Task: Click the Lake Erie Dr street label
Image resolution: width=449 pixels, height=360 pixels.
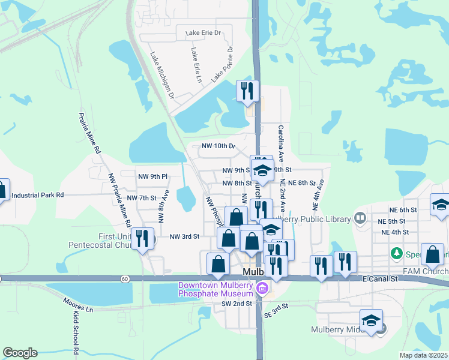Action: pyautogui.click(x=203, y=32)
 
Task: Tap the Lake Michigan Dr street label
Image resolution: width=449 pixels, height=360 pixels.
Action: pyautogui.click(x=162, y=74)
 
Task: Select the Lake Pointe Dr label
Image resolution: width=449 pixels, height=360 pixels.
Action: pyautogui.click(x=222, y=65)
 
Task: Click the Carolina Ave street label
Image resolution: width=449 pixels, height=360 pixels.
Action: pyautogui.click(x=280, y=143)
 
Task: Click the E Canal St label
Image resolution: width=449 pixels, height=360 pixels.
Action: pyautogui.click(x=380, y=279)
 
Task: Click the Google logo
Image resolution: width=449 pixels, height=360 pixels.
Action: pyautogui.click(x=20, y=352)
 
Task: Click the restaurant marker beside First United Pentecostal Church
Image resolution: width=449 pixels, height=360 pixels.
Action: pyautogui.click(x=142, y=239)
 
